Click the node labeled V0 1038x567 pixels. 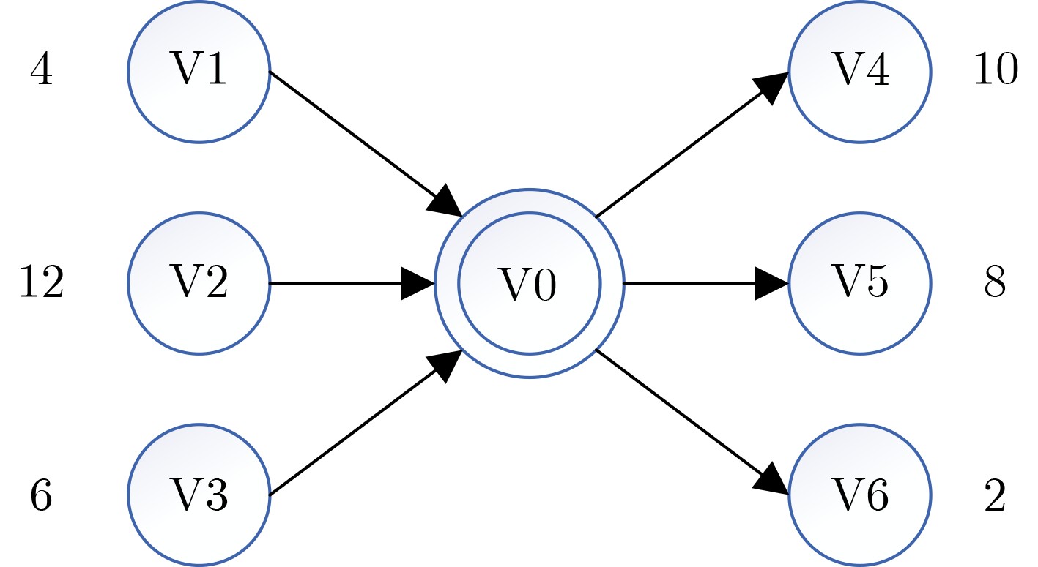pyautogui.click(x=529, y=283)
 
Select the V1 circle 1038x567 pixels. pyautogui.click(x=199, y=71)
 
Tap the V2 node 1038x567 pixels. pyautogui.click(x=199, y=283)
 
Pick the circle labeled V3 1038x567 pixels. pyautogui.click(x=199, y=495)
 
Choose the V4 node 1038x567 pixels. pyautogui.click(x=860, y=71)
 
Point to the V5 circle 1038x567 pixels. pyautogui.click(x=860, y=283)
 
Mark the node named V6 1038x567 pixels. pyautogui.click(x=860, y=495)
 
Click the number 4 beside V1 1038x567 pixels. pyautogui.click(x=42, y=72)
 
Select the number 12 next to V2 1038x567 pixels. pyautogui.click(x=41, y=283)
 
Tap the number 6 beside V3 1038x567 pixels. pyautogui.click(x=42, y=495)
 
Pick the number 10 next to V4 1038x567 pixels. pyautogui.click(x=995, y=72)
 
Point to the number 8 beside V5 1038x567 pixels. pyautogui.click(x=995, y=283)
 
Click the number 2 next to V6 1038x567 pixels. pyautogui.click(x=995, y=495)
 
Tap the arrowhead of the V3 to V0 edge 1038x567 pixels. pyautogui.click(x=446, y=364)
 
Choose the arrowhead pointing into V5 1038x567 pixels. pyautogui.click(x=771, y=283)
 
